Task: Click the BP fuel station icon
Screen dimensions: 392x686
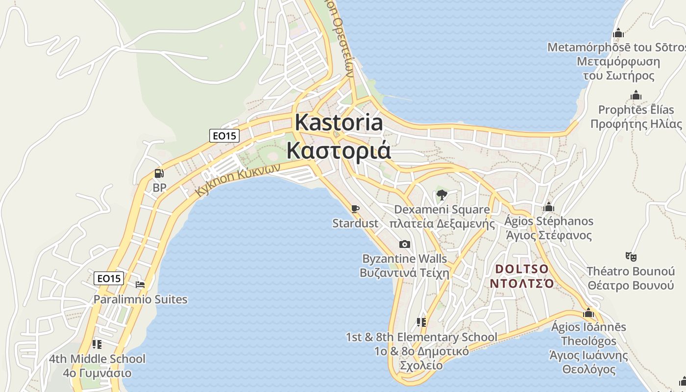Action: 159,173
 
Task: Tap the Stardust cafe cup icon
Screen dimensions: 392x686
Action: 355,209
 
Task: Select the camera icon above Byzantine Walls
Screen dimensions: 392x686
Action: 405,244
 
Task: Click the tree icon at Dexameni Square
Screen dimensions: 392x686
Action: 441,195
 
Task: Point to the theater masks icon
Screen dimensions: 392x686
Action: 631,256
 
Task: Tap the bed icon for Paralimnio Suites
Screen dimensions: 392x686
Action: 141,284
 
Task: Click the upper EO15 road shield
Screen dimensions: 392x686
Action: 224,136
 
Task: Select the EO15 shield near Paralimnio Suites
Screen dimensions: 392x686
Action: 109,278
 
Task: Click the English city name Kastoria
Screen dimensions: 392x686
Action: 339,122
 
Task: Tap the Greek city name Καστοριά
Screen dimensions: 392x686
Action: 339,150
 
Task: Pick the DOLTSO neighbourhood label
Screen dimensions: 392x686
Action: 522,269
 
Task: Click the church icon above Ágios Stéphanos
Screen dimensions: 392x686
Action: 549,207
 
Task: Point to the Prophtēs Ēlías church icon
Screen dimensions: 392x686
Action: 636,95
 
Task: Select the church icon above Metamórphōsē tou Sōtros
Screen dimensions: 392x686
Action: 618,33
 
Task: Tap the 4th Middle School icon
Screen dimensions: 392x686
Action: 97,344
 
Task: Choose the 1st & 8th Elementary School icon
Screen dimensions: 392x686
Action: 421,322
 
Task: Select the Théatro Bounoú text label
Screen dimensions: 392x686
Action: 631,271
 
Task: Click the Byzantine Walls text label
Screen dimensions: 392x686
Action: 404,258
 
